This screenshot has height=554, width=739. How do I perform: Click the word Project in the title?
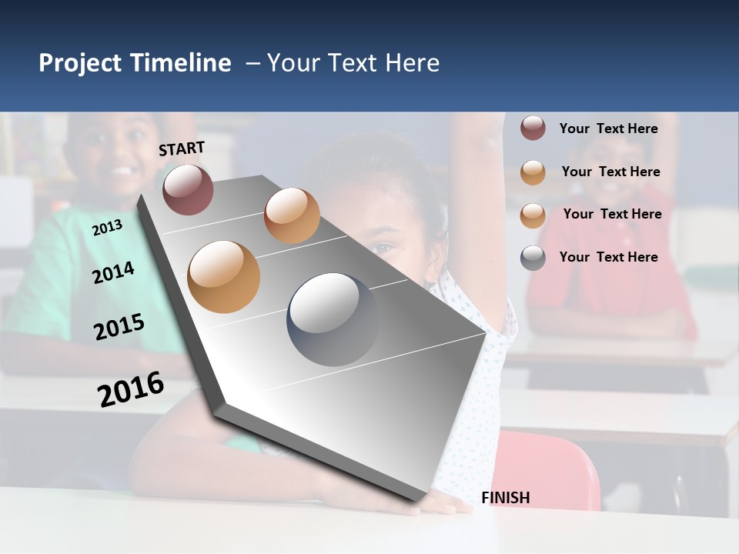pyautogui.click(x=81, y=63)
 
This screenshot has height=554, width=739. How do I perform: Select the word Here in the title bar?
pyautogui.click(x=412, y=63)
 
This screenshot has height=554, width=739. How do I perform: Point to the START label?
pyautogui.click(x=182, y=149)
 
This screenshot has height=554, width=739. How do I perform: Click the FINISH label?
pyautogui.click(x=506, y=498)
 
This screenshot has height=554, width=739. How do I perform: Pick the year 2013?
pyautogui.click(x=107, y=228)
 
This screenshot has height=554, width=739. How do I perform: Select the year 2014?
pyautogui.click(x=113, y=272)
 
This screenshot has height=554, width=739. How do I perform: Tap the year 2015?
pyautogui.click(x=119, y=327)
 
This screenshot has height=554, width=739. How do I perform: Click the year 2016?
pyautogui.click(x=131, y=389)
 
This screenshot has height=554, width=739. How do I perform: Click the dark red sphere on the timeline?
pyautogui.click(x=188, y=189)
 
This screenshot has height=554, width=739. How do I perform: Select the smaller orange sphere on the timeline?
pyautogui.click(x=292, y=215)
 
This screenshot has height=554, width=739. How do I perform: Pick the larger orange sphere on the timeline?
pyautogui.click(x=223, y=277)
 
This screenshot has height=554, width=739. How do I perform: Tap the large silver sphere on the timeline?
pyautogui.click(x=333, y=319)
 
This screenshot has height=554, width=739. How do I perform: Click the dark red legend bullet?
pyautogui.click(x=533, y=128)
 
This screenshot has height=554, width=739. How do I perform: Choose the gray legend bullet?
pyautogui.click(x=533, y=258)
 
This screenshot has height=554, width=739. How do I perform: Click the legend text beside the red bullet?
pyautogui.click(x=608, y=128)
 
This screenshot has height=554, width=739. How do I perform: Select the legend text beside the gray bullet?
pyautogui.click(x=608, y=257)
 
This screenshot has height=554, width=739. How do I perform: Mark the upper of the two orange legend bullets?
pyautogui.click(x=533, y=172)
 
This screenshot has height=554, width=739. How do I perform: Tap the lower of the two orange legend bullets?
pyautogui.click(x=533, y=215)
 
